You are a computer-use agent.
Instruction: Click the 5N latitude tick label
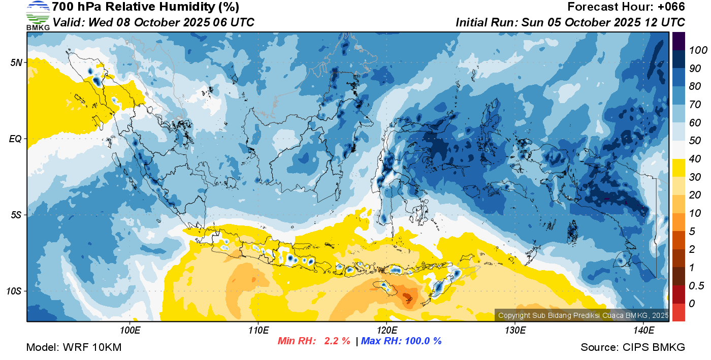coord(16,62)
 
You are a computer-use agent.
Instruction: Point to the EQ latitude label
coord(16,139)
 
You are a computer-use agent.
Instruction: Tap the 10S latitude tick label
coord(14,291)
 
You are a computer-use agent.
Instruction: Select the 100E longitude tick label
coord(130,331)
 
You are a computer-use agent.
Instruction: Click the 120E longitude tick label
coord(386,331)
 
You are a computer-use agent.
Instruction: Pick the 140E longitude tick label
coord(643,331)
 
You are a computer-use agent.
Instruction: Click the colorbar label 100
coord(698,50)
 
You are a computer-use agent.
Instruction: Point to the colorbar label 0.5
coord(696,286)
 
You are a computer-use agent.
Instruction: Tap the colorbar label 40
coord(695,159)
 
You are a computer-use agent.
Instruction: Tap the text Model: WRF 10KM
coord(74,347)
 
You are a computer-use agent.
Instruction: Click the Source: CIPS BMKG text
coord(633,347)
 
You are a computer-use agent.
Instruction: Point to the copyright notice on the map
coord(583,315)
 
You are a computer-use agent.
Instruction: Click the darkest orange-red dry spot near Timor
coord(407,297)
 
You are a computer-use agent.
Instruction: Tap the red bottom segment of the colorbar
coord(678,312)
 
